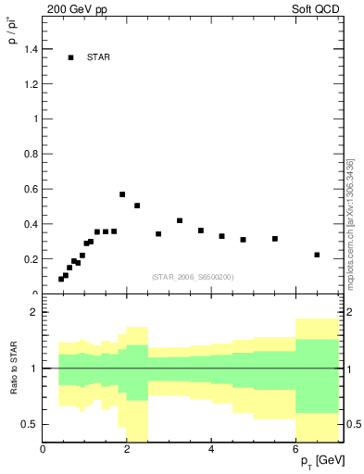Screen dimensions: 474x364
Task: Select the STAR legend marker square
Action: click(x=70, y=57)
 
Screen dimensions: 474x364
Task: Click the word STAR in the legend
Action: click(x=98, y=57)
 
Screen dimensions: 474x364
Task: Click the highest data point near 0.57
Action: click(x=122, y=194)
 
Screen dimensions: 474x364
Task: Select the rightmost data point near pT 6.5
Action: click(x=317, y=255)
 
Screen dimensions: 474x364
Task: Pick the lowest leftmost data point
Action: click(x=61, y=279)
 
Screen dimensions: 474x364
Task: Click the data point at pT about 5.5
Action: click(x=275, y=239)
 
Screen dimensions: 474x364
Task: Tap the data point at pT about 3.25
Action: click(x=180, y=220)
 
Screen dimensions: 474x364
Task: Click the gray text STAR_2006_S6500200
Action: click(x=193, y=277)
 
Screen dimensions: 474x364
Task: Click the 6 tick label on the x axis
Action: click(x=295, y=450)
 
